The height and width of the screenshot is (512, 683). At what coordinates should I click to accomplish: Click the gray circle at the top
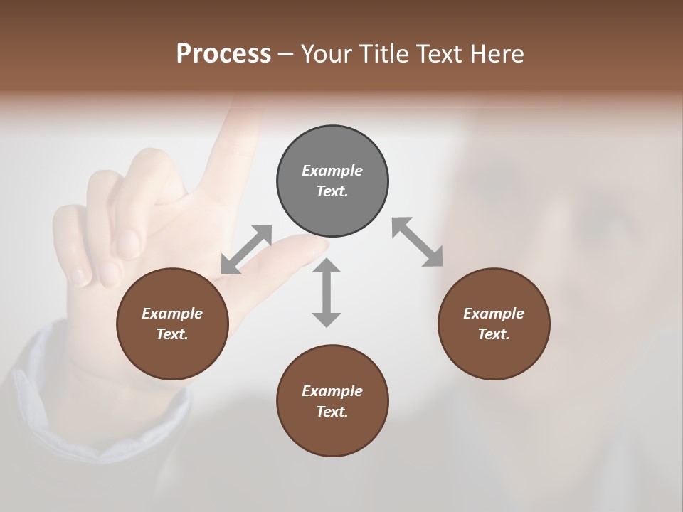point(332,181)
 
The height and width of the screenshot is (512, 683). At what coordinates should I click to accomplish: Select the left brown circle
point(172,324)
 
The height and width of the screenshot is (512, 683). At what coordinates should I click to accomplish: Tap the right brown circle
point(494,324)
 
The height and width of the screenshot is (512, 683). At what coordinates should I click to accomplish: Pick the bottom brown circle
point(332,401)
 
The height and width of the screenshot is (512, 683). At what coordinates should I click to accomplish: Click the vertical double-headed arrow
point(327,292)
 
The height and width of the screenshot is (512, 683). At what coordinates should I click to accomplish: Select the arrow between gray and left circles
point(247,249)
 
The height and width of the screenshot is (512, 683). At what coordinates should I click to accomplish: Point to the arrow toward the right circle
point(417,242)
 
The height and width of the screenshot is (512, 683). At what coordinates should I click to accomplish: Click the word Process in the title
point(223,53)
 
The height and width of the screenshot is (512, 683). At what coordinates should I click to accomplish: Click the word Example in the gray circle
point(332,171)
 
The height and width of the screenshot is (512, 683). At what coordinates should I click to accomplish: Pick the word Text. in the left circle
point(172,334)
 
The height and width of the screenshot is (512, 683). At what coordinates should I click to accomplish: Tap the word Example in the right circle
point(494,314)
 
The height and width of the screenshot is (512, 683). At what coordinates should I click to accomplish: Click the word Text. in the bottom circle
point(332,412)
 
